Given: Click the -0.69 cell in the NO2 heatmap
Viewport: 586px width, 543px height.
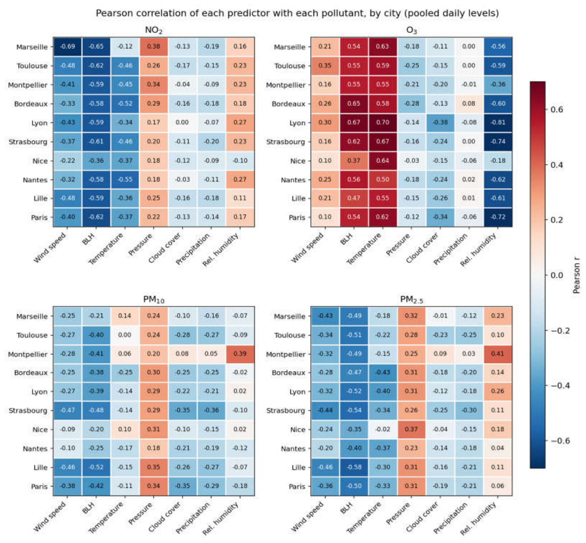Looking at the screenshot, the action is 67,46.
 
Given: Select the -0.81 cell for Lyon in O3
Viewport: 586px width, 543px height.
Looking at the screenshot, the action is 498,122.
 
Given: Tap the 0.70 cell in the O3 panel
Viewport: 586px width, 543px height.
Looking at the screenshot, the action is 382,122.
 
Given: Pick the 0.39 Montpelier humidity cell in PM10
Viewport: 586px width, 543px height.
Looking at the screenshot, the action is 240,353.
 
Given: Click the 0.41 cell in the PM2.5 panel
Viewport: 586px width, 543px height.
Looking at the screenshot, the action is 498,353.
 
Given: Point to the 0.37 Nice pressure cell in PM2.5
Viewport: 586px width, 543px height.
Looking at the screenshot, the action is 411,429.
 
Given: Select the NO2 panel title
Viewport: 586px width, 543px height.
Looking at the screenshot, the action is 153,30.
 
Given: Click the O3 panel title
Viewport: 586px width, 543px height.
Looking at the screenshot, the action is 411,30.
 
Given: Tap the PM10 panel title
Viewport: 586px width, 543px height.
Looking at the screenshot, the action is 153,299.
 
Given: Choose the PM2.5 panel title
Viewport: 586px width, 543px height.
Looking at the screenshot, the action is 411,299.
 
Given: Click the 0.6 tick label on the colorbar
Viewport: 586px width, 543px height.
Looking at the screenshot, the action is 557,109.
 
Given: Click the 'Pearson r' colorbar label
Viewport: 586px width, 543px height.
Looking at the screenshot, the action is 576,275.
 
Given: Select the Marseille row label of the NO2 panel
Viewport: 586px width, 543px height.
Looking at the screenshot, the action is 32,47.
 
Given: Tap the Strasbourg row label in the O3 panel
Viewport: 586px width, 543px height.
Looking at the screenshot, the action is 285,142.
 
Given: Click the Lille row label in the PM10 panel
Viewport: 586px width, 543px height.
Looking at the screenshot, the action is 40,467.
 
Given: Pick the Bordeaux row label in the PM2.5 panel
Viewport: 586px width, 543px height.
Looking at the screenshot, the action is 288,372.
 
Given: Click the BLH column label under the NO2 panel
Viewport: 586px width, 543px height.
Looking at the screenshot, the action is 88,239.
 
